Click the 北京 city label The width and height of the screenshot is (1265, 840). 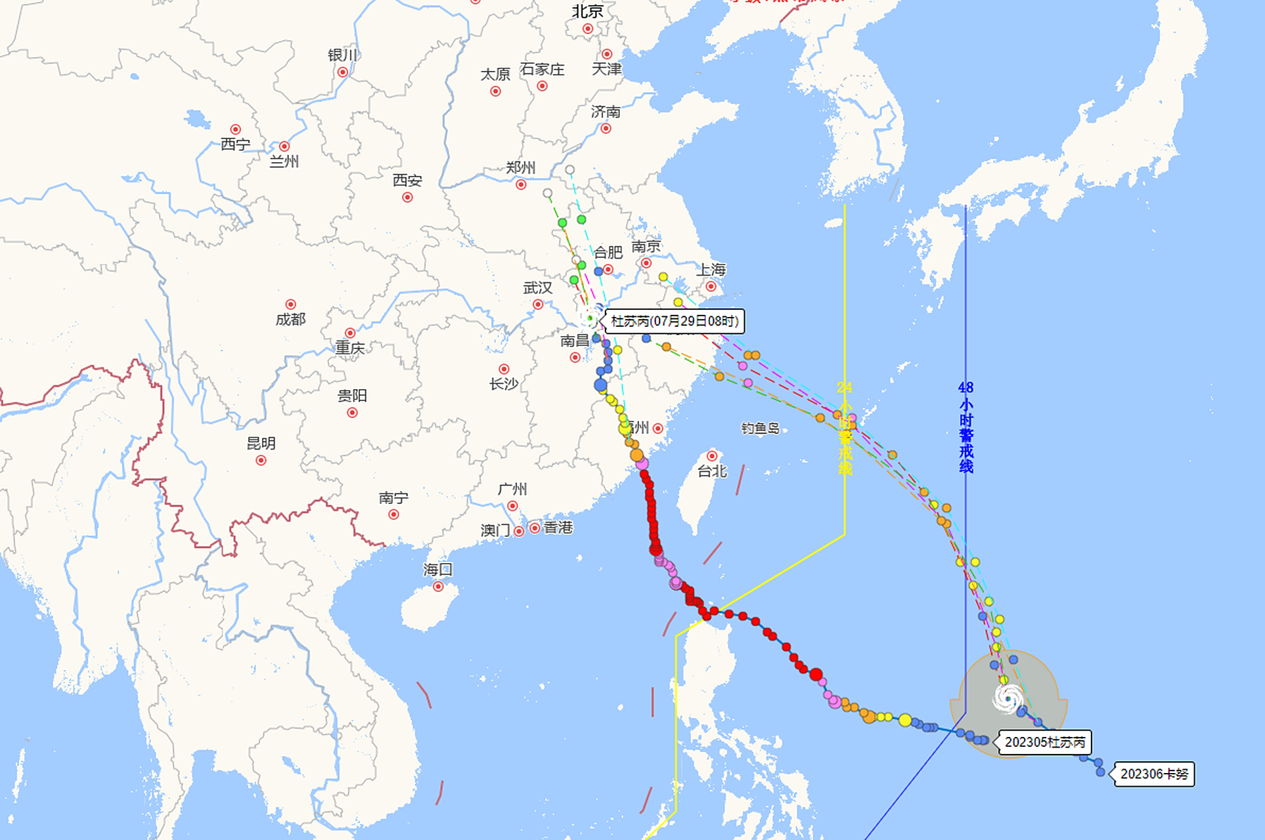coord(587,11)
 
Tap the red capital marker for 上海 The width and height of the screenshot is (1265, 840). coord(711,287)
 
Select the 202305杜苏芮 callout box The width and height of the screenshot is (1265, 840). coord(1045,742)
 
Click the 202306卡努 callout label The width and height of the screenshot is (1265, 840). coord(1154,774)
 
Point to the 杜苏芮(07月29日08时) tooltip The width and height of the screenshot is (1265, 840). coord(675,321)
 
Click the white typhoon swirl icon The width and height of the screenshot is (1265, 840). coord(1008,698)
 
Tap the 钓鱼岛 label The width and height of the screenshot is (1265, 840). coord(760,429)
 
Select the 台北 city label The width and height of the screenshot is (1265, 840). coord(712,471)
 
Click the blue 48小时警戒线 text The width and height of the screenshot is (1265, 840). coord(965,427)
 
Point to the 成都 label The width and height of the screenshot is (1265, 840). coord(290,320)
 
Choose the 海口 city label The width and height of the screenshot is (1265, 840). coord(437,570)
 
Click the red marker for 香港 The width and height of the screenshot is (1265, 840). coord(535,528)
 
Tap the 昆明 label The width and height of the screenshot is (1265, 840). coord(261,444)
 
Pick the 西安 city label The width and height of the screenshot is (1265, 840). coord(407,180)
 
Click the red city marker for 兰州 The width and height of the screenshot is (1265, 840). coord(284,146)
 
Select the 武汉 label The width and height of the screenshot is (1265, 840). coord(537,288)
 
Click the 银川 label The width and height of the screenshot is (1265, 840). coord(342,55)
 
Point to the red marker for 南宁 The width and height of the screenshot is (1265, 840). coord(393,514)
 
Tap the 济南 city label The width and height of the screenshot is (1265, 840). coord(605,112)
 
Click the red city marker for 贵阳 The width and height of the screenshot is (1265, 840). coord(352,413)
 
